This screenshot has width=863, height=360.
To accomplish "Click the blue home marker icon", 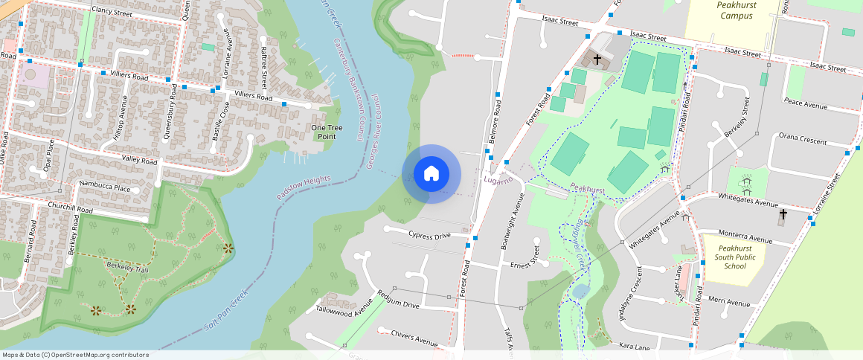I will [431, 174].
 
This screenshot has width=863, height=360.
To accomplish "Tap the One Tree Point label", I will [327, 132].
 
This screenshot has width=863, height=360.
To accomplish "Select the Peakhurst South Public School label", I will [724, 257].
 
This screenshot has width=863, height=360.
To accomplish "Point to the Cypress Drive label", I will [429, 235].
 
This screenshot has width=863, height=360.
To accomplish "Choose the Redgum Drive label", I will [398, 306].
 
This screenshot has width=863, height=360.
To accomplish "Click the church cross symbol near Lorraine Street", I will [782, 215].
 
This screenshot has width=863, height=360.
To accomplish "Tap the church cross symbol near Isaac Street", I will [597, 57].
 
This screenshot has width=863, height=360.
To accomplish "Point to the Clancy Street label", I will [112, 11].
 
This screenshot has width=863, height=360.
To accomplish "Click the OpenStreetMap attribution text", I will [74, 355].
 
